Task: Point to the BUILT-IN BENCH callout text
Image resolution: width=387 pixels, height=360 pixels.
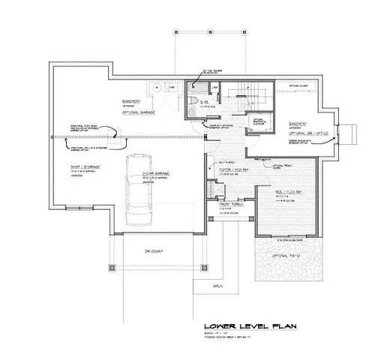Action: [x=223, y=161]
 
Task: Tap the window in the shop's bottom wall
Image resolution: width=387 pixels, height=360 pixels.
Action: [x=75, y=207]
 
